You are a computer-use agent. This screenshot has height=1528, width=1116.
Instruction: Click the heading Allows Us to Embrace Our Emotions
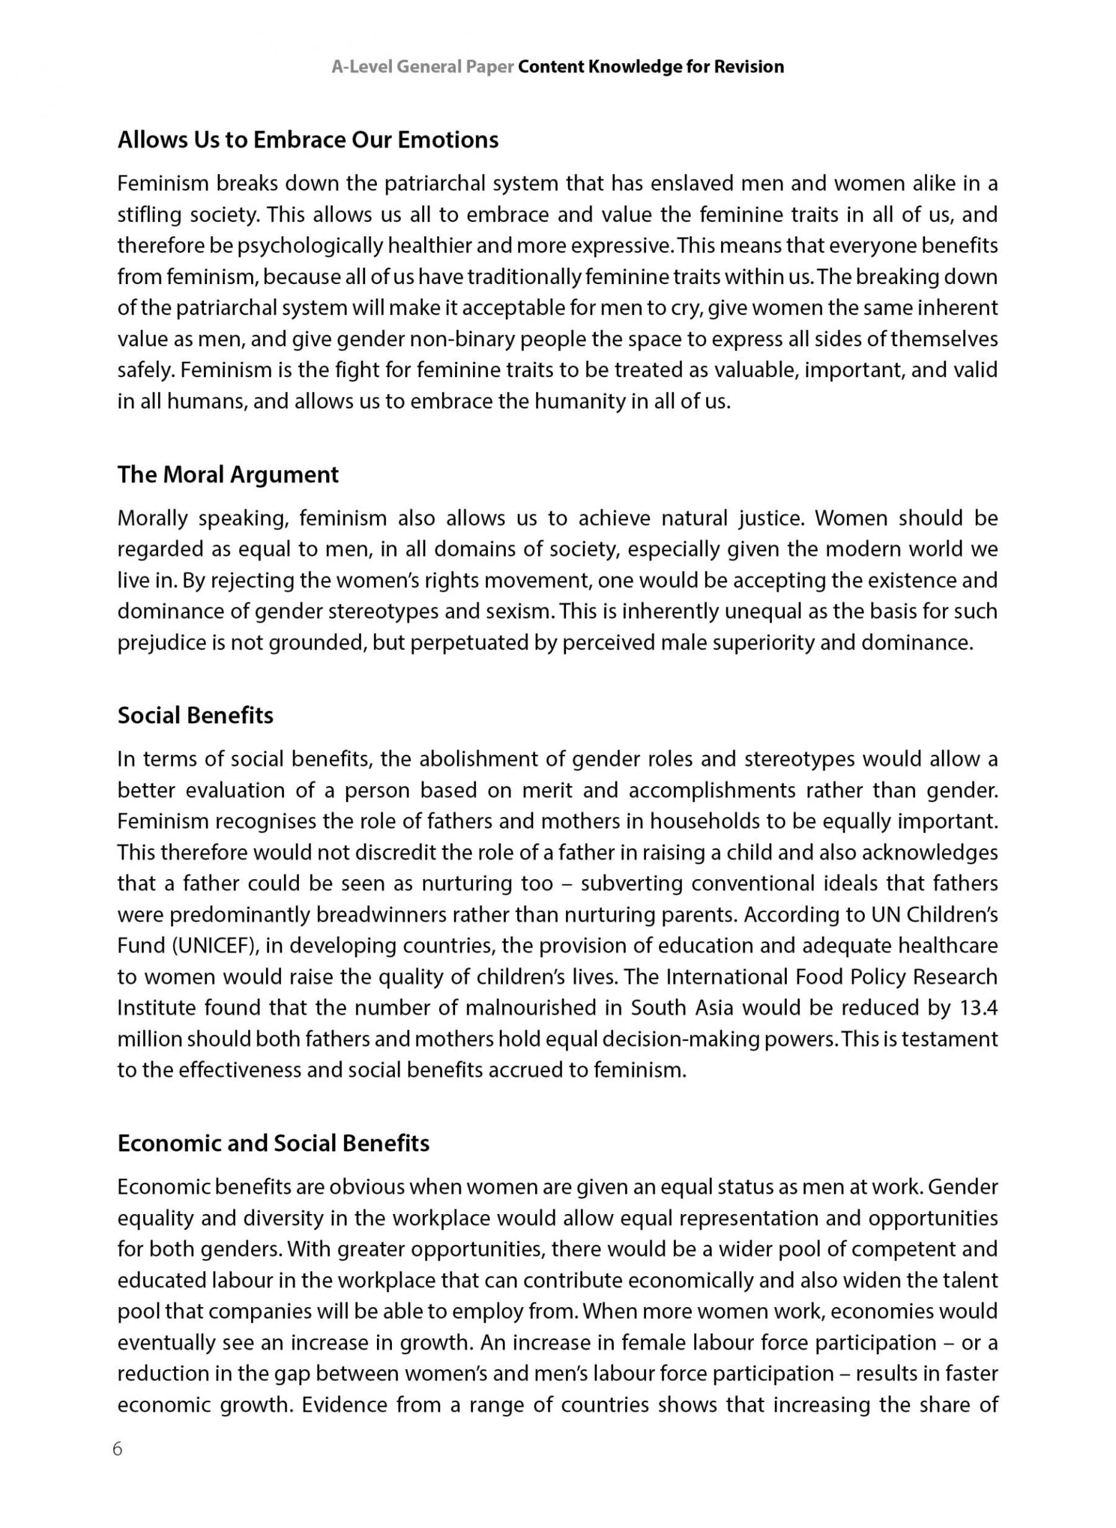click(308, 140)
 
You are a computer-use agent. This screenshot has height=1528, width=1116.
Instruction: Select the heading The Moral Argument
click(228, 475)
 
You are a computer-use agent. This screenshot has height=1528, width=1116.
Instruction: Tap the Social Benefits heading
click(195, 715)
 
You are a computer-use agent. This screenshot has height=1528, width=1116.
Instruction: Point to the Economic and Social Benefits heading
click(273, 1143)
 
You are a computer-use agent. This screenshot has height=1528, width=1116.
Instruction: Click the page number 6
click(118, 1450)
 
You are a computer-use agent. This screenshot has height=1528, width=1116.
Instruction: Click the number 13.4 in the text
click(978, 1007)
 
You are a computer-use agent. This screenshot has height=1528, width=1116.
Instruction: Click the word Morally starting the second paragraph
click(152, 519)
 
